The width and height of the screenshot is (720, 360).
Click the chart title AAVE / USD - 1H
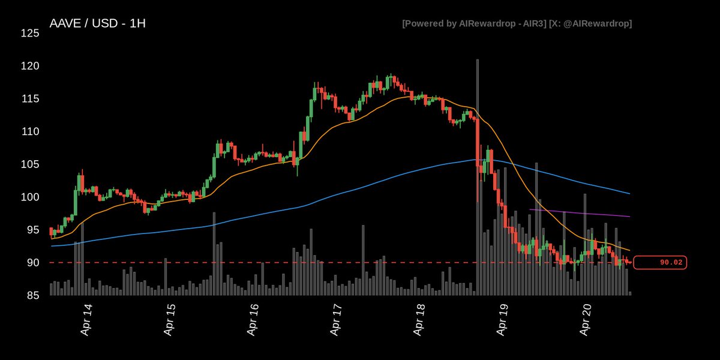(x=97, y=24)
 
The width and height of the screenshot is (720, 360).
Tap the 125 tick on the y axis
(x=29, y=33)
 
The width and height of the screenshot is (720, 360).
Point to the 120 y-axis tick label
(x=29, y=66)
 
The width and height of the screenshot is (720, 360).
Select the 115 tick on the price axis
(x=29, y=98)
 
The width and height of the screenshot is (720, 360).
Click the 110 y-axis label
(x=29, y=131)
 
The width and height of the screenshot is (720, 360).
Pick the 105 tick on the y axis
(x=29, y=164)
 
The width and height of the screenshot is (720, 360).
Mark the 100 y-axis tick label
(x=29, y=197)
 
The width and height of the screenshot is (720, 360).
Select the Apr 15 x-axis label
(x=170, y=320)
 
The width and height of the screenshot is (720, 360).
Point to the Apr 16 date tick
(x=253, y=320)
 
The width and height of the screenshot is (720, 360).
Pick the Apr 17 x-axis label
(x=337, y=320)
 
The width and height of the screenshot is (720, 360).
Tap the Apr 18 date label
(x=421, y=320)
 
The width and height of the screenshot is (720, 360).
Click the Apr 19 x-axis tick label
(x=504, y=320)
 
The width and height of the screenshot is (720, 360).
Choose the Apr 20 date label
(x=588, y=320)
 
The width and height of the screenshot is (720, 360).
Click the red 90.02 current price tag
(x=660, y=262)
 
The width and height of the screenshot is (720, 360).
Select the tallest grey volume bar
(x=477, y=180)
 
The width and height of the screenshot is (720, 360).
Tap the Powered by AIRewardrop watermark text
(x=517, y=23)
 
